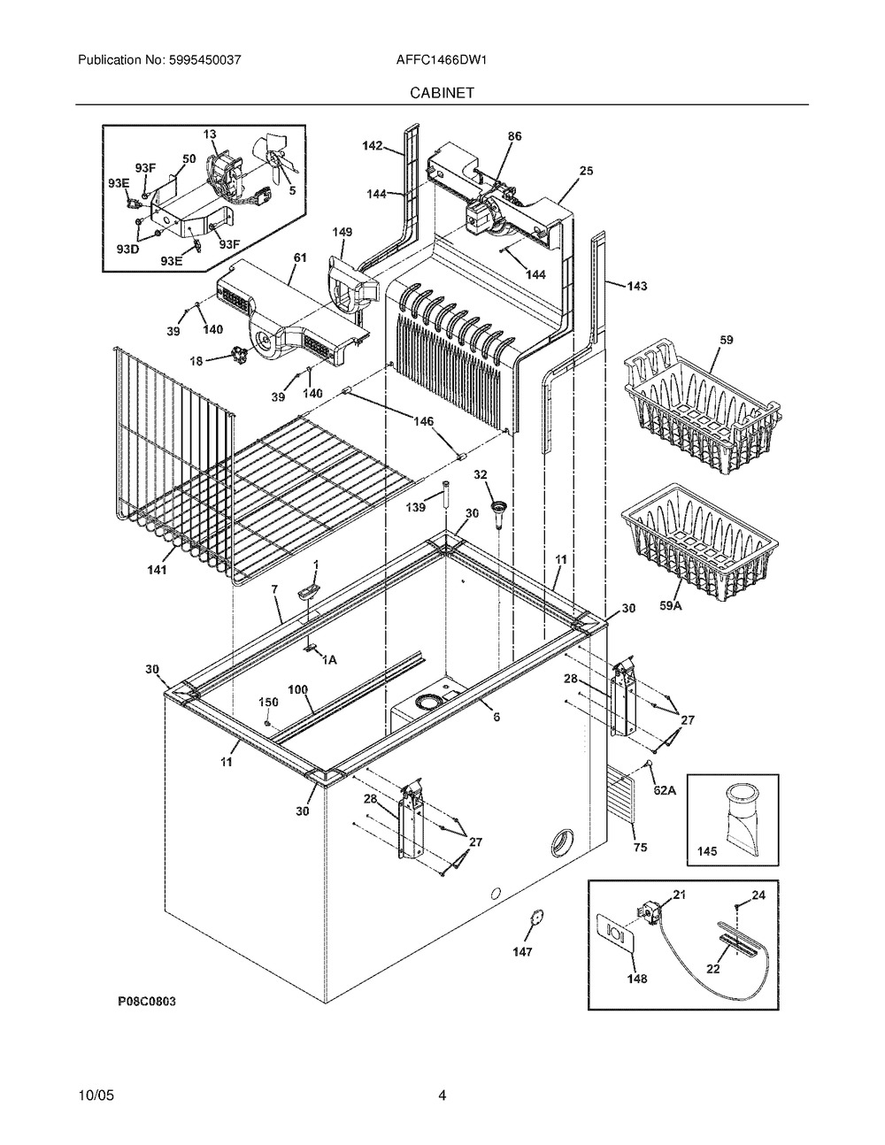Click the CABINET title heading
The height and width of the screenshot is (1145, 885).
pos(442,93)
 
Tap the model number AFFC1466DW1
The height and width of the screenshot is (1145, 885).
pos(441,60)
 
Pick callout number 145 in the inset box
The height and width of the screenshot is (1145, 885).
pos(707,850)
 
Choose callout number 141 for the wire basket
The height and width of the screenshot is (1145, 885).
pos(157,570)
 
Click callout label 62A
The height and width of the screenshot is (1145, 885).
pos(666,790)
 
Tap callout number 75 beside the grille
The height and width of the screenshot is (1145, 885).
pos(641,848)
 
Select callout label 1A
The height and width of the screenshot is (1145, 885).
pos(328,659)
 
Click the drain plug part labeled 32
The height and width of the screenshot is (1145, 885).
pos(498,513)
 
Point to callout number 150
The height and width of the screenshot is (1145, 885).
pos(268,702)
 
